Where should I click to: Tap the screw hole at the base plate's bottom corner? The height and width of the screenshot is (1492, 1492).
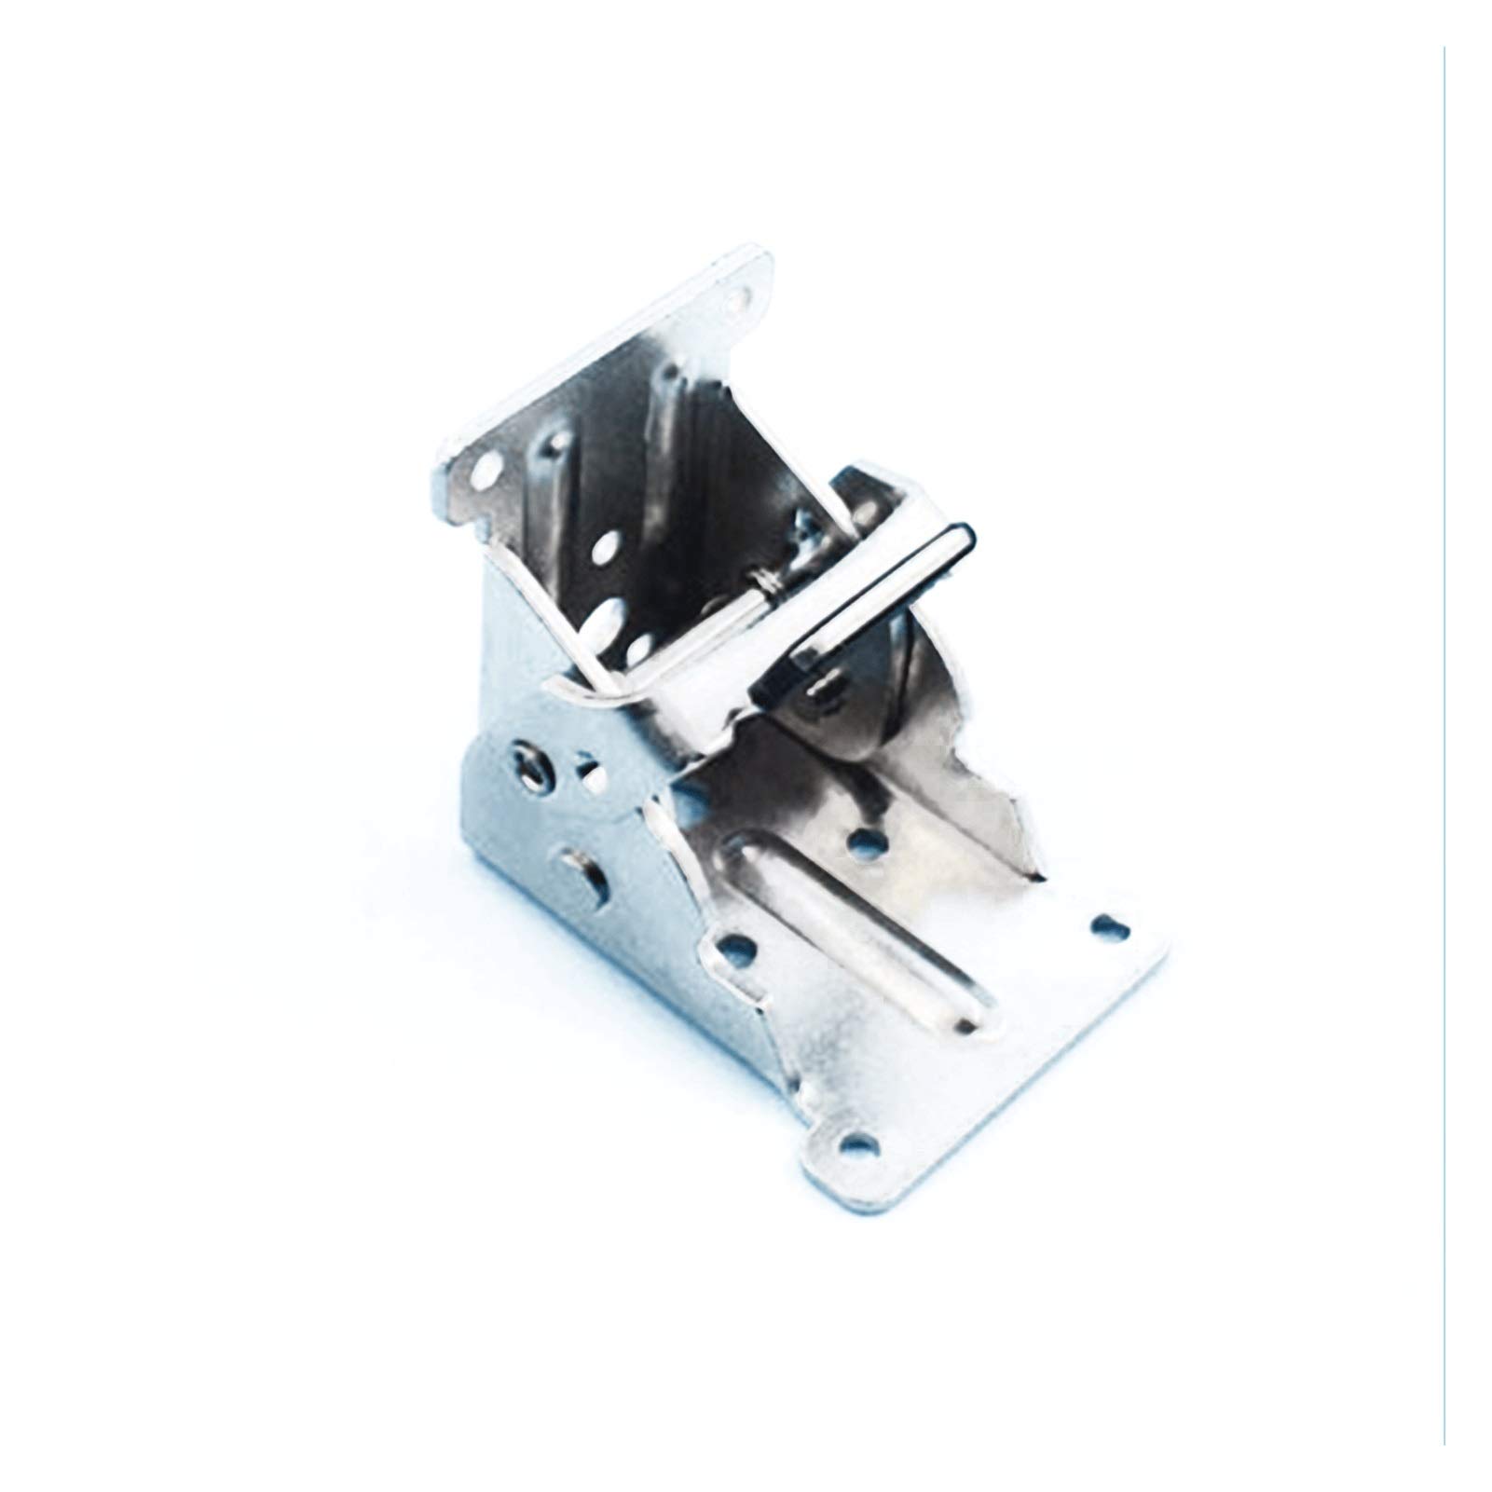point(858,1143)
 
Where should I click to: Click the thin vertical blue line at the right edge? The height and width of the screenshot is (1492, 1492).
point(1444,746)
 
